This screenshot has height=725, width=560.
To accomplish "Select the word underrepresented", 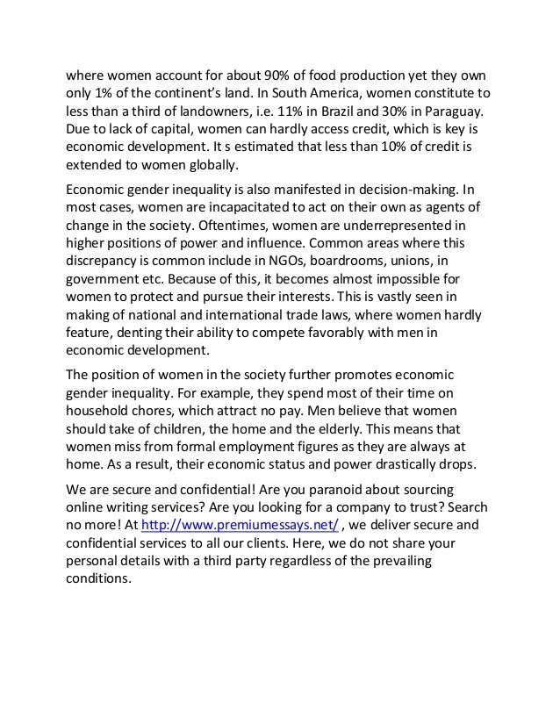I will pyautogui.click(x=404, y=224).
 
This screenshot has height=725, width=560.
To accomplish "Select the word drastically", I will pyautogui.click(x=378, y=463).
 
